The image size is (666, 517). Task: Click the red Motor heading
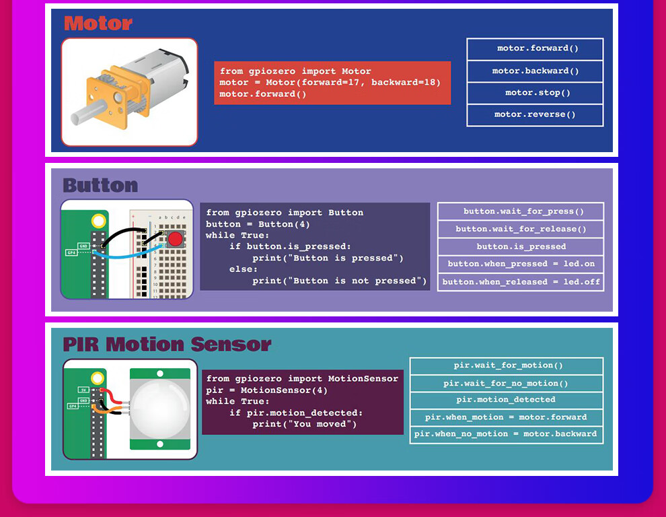tap(98, 23)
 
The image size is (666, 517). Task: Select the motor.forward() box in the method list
tap(535, 49)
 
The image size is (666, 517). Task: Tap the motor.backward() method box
tap(535, 71)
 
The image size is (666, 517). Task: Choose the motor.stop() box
tap(535, 93)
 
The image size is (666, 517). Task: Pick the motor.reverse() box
tap(535, 115)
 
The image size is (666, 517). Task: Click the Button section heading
tap(100, 185)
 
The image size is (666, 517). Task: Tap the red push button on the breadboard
tap(175, 240)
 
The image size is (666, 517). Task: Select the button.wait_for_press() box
tap(520, 211)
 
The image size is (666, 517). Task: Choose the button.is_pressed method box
tap(520, 246)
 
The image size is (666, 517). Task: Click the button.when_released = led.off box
tap(520, 282)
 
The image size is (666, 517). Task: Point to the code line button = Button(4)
tap(258, 224)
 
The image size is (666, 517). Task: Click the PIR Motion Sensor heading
tap(167, 344)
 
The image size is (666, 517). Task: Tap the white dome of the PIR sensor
tap(159, 409)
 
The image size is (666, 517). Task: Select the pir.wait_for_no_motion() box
tap(506, 384)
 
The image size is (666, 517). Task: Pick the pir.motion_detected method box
tap(506, 400)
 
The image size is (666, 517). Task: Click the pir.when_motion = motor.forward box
tap(506, 417)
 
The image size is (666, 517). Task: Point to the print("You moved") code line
tap(304, 424)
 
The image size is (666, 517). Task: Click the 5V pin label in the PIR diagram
tap(83, 390)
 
